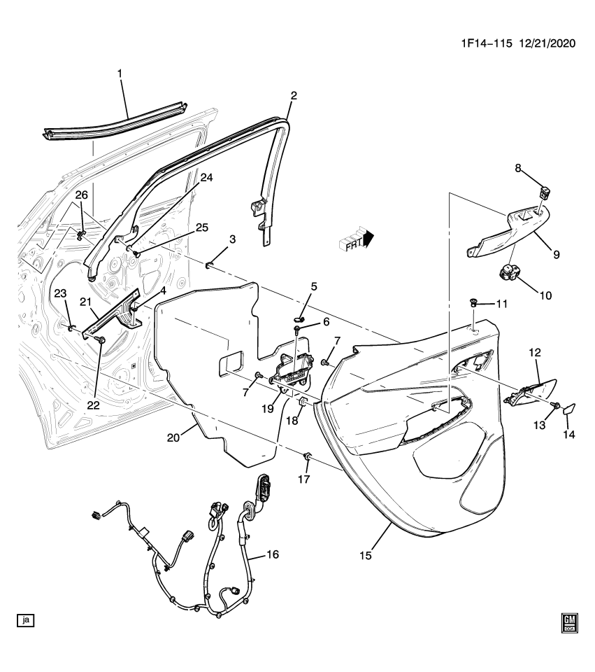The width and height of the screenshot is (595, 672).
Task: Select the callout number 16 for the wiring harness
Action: (272, 554)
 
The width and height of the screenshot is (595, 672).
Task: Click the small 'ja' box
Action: (26, 619)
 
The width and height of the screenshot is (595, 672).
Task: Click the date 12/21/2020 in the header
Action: (546, 43)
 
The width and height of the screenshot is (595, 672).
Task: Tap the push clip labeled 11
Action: (473, 302)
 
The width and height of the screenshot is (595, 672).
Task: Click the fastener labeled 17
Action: (307, 457)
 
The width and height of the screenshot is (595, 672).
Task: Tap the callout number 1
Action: (120, 73)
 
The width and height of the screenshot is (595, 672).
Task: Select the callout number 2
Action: (294, 96)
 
